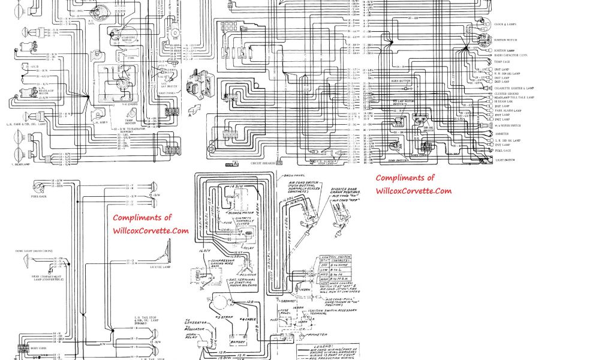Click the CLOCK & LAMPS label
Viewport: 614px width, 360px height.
click(x=506, y=23)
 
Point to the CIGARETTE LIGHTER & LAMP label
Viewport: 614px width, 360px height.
click(x=514, y=88)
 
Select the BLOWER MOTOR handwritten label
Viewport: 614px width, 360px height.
click(x=240, y=213)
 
